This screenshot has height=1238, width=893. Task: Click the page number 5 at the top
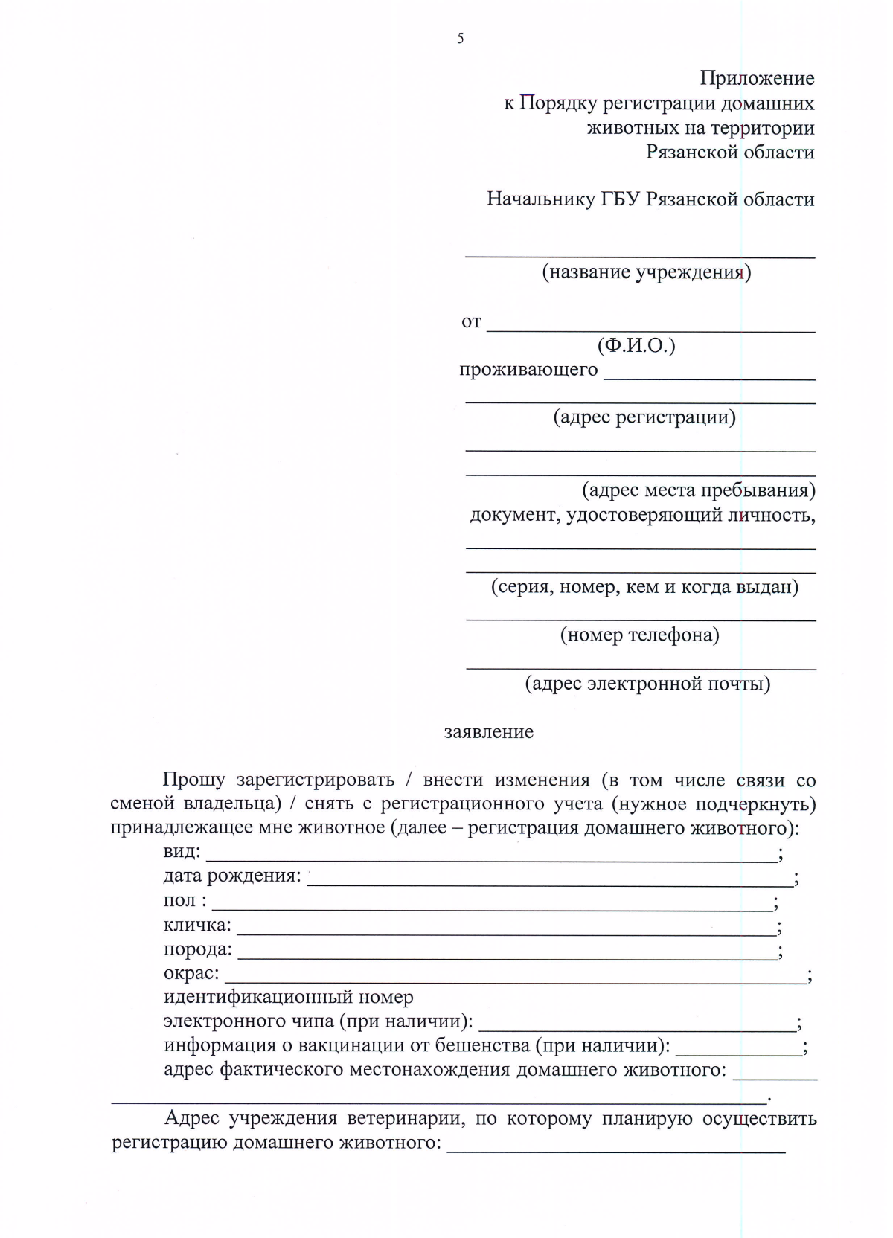pyautogui.click(x=460, y=39)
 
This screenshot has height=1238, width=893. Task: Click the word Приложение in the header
pyautogui.click(x=756, y=78)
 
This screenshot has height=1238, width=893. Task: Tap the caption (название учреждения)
pyautogui.click(x=646, y=272)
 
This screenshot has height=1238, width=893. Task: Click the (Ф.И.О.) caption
pyautogui.click(x=636, y=345)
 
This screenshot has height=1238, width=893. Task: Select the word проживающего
pyautogui.click(x=528, y=369)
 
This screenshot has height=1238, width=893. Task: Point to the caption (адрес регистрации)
pyautogui.click(x=644, y=417)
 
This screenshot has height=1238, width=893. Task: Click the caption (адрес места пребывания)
pyautogui.click(x=698, y=490)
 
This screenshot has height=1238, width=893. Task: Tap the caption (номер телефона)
pyautogui.click(x=639, y=635)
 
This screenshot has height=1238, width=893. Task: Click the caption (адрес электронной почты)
pyautogui.click(x=647, y=683)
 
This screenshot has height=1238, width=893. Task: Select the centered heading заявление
pyautogui.click(x=488, y=732)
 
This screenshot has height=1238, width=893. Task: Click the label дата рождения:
pyautogui.click(x=231, y=876)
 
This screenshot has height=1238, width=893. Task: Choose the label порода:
pyautogui.click(x=197, y=949)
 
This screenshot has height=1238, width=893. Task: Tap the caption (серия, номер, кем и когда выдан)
pyautogui.click(x=644, y=587)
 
